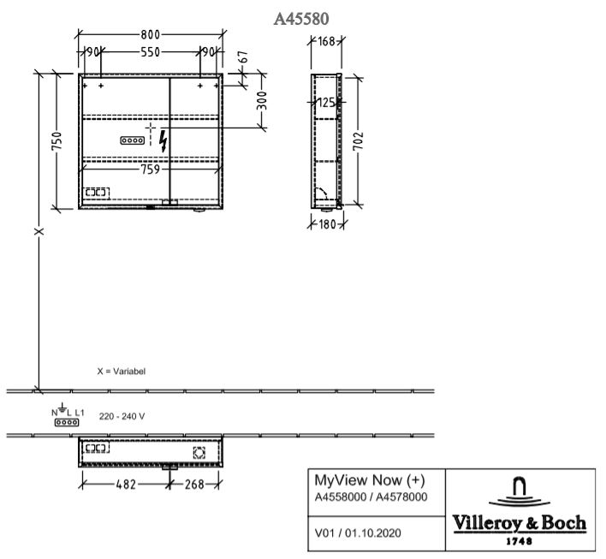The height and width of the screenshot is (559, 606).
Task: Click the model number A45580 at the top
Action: coord(301,19)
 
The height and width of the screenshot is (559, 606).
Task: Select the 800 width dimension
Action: coord(150,35)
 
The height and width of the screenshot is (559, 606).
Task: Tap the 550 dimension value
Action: coord(150,52)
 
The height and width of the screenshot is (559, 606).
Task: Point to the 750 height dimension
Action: coord(56,141)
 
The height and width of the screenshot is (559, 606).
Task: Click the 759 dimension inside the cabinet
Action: coord(150,169)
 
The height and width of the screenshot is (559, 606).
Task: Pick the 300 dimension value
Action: coord(262,100)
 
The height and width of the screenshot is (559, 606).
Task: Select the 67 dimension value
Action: coord(243,56)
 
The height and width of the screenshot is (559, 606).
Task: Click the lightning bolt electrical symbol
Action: coord(163,140)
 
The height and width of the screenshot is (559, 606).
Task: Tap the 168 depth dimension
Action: coord(327,41)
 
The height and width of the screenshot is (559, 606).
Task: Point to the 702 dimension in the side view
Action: coord(359,140)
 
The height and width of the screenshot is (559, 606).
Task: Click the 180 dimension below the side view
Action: coord(327,223)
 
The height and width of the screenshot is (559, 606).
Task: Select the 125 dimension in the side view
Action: coord(327,103)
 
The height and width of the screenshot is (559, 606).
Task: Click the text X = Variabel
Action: coord(122,372)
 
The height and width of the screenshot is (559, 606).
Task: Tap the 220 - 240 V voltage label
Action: coord(122,416)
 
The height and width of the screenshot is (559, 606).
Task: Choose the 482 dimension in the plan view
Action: coord(126,484)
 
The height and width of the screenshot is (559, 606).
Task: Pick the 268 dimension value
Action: coord(194,484)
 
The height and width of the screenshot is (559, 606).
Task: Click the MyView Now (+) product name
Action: coord(370,480)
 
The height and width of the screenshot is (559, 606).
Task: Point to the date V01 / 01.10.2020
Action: coord(358,533)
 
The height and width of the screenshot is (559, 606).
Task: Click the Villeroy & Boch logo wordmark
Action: coord(519,523)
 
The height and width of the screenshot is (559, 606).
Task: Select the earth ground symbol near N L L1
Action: coord(62,407)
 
